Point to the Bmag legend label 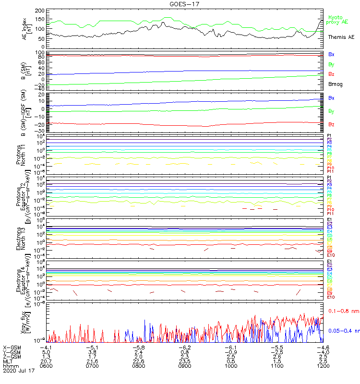(335, 84)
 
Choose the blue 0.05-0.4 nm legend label (342, 331)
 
